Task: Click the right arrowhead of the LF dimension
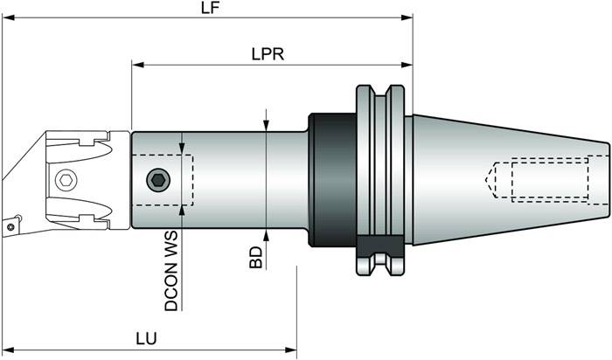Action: (407, 17)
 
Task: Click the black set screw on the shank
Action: (157, 179)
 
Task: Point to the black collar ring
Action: (334, 180)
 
